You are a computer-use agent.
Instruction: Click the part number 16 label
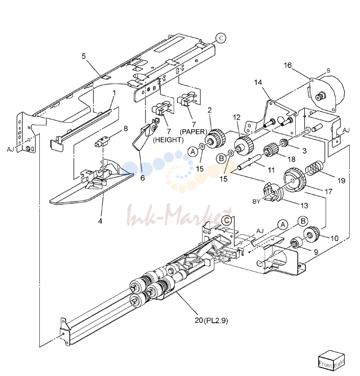[x=288, y=65]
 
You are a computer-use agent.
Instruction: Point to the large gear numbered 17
[x=294, y=180]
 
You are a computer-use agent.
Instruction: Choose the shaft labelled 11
[x=249, y=162]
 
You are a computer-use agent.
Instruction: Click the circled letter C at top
[x=220, y=38]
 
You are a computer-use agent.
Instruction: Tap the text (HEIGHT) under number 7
[x=168, y=140]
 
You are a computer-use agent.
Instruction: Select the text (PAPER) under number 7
[x=193, y=132]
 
